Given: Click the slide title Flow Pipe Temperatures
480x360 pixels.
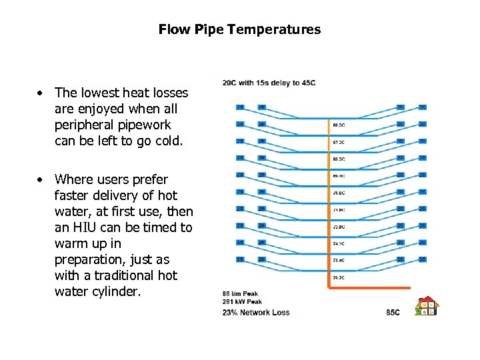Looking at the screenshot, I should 239,30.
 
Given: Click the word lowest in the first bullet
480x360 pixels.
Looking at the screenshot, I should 101,93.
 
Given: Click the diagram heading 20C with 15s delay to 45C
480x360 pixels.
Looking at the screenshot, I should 269,83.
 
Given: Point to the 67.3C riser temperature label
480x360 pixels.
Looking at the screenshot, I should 339,141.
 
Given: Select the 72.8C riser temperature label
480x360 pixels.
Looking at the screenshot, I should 339,227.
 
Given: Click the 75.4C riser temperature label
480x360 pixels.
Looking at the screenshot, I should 339,260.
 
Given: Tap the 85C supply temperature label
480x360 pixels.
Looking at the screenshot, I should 393,312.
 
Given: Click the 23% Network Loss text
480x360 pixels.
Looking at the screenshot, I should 256,312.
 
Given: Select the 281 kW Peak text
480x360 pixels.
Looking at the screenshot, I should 242,302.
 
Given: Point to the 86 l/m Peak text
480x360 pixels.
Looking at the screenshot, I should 240,294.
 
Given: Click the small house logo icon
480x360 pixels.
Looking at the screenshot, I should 426,306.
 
